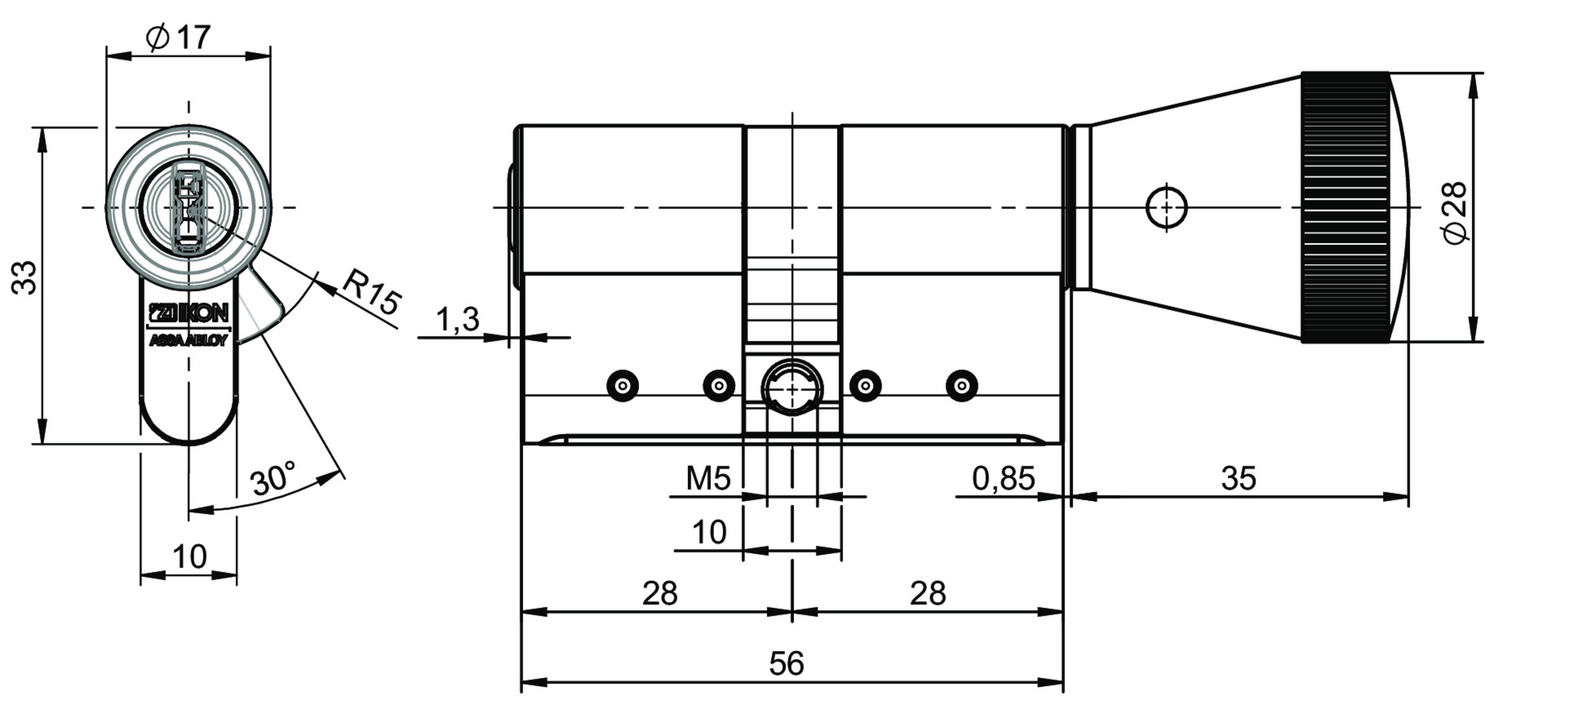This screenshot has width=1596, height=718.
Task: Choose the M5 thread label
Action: pos(708,478)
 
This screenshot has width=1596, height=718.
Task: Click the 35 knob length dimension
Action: pos(1238,478)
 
